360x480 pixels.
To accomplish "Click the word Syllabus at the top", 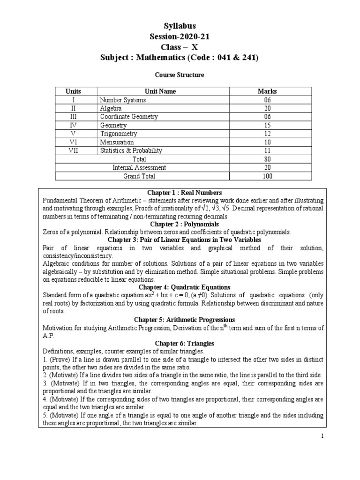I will [x=180, y=26].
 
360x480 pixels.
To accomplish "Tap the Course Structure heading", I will [x=180, y=75].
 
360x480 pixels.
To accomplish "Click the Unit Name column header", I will [x=161, y=91].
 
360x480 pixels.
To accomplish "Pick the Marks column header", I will [x=267, y=91].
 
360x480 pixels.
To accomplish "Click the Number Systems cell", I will [x=123, y=100].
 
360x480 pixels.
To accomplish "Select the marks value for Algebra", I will [x=267, y=108].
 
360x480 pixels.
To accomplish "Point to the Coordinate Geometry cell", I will [x=129, y=117].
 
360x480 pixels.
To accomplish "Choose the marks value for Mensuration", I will [x=267, y=142].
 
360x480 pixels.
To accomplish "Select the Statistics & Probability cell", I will [x=131, y=150].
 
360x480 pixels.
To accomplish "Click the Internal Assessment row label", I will [x=139, y=167].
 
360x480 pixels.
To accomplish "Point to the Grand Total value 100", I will [x=267, y=176].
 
